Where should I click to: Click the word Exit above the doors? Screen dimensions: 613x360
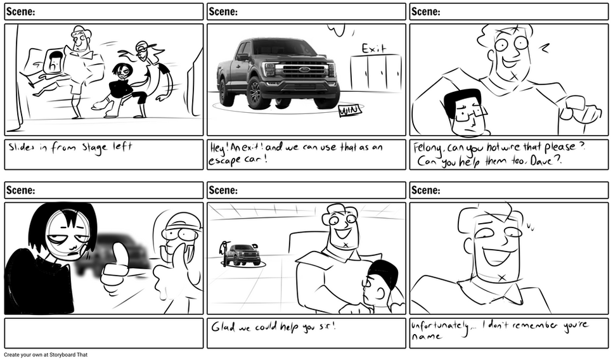pos(374,49)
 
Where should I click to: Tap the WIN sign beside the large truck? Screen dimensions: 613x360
pos(350,111)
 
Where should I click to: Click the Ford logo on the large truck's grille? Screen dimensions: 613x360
pos(304,70)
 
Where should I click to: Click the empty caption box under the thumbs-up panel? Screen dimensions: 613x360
pos(104,333)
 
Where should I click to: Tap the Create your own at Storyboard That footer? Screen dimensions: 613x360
pos(46,355)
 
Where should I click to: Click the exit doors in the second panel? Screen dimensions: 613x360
pos(376,74)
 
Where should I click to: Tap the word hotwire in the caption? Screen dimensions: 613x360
pos(501,148)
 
